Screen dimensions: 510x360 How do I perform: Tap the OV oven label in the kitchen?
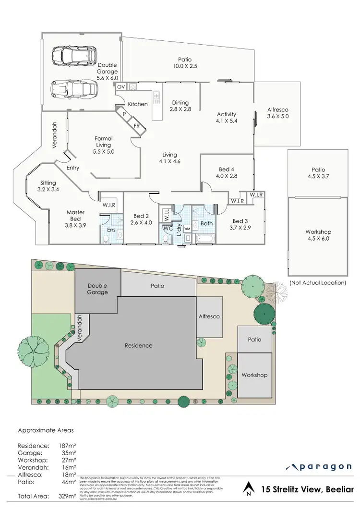pos(120,87)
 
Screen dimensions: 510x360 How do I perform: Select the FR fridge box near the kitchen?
pos(137,126)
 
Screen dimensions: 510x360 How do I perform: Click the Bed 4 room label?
pos(227,173)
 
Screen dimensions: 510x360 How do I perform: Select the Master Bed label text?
pos(75,216)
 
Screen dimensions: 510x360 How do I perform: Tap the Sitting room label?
pos(48,186)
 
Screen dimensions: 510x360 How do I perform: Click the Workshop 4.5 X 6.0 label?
pos(318,235)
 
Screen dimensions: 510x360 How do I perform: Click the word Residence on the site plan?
pos(138,345)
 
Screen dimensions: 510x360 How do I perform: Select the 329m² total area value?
pos(68,495)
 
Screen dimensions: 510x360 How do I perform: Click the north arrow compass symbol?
pos(248,490)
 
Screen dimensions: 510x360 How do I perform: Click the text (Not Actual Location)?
pos(318,283)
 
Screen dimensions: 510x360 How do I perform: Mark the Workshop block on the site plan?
pos(254,375)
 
